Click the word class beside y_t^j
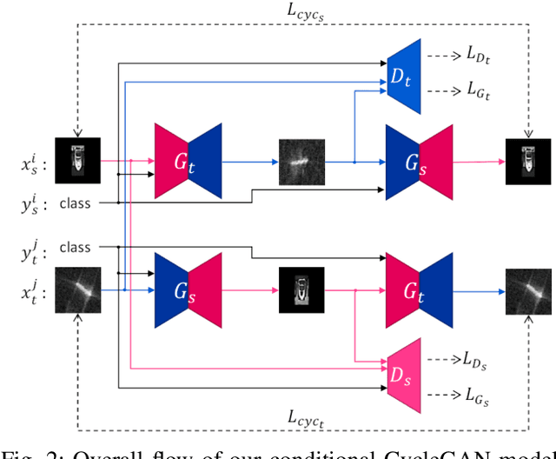point(76,247)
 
